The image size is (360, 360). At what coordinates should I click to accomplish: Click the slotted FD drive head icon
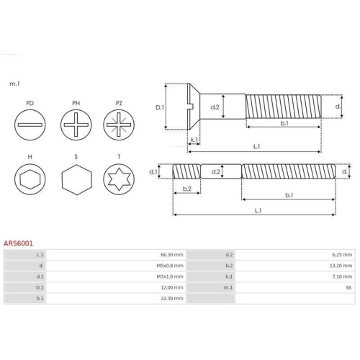pyautogui.click(x=30, y=125)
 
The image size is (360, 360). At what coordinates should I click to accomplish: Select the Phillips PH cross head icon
pyautogui.click(x=76, y=125)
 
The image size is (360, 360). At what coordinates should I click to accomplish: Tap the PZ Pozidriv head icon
pyautogui.click(x=119, y=125)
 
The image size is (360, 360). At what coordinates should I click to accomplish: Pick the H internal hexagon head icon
pyautogui.click(x=30, y=179)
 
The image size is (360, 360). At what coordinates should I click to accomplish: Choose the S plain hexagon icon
pyautogui.click(x=77, y=179)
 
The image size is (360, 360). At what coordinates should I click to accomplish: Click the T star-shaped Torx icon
pyautogui.click(x=119, y=179)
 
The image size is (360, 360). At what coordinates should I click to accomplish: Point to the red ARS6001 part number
pyautogui.click(x=18, y=243)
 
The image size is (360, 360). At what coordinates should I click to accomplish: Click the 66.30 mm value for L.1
pyautogui.click(x=172, y=255)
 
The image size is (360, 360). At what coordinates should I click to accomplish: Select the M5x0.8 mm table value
pyautogui.click(x=170, y=266)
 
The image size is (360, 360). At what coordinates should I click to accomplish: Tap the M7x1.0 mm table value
pyautogui.click(x=170, y=276)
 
